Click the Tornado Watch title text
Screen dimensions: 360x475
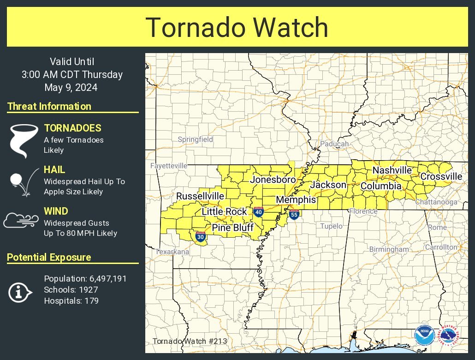point(237,27)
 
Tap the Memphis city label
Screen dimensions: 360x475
point(296,200)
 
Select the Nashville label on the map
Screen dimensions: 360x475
point(392,170)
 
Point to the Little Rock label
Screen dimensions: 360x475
point(224,211)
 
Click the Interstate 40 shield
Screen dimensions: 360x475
point(258,212)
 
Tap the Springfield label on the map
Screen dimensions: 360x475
point(196,139)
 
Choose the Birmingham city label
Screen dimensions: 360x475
point(389,249)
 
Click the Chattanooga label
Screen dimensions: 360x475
point(436,202)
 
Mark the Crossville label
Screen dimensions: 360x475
point(441,177)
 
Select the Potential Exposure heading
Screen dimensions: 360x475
point(49,258)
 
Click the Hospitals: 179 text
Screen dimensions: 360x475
point(71,301)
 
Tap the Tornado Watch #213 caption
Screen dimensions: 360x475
point(190,342)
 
